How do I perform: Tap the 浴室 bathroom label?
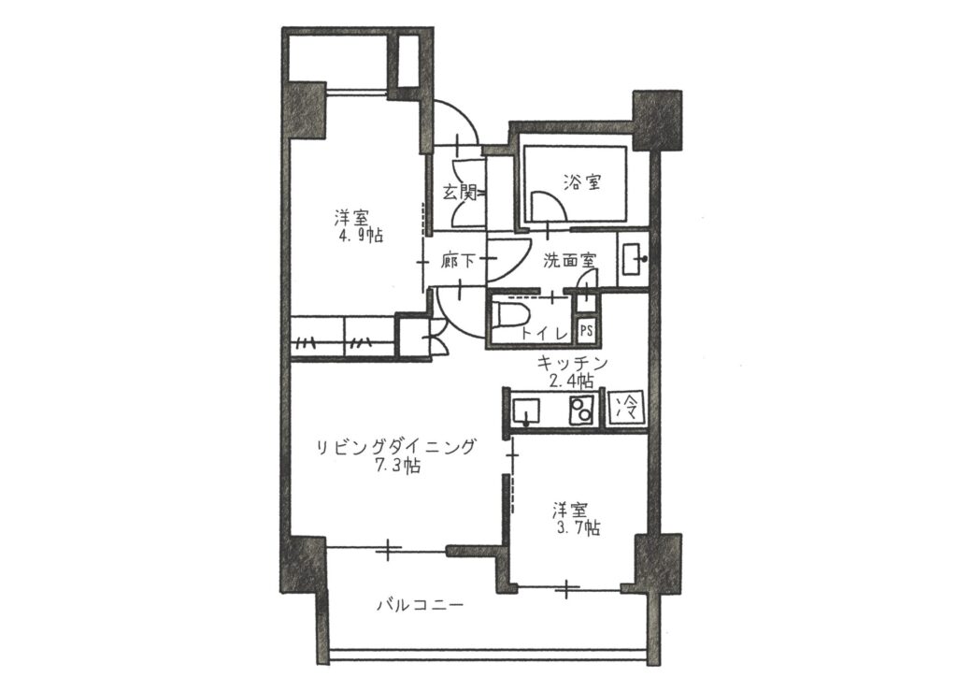click(582, 181)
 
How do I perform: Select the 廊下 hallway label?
click(458, 261)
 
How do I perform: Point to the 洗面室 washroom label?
click(569, 261)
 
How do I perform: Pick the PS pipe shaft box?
click(586, 331)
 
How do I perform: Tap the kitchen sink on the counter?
click(526, 410)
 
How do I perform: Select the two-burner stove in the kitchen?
click(581, 410)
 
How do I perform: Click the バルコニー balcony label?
click(420, 605)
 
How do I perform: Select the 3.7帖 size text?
click(576, 527)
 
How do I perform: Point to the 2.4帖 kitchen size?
click(571, 382)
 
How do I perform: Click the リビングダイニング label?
click(395, 448)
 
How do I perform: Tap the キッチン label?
click(572, 364)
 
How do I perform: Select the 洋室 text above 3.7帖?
click(571, 510)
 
